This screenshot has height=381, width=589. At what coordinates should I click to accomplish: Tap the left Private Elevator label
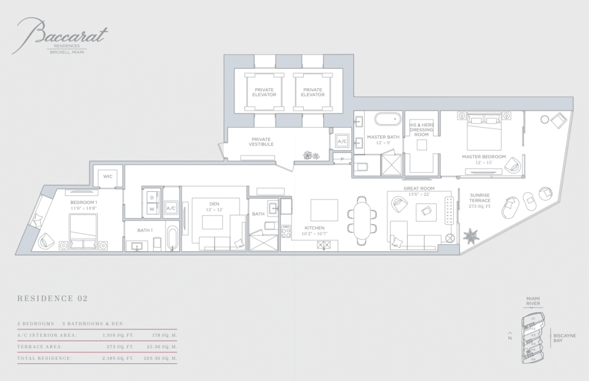click(x=265, y=92)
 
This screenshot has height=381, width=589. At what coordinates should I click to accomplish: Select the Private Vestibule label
click(x=261, y=141)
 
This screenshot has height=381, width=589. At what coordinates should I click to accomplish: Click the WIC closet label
click(x=108, y=176)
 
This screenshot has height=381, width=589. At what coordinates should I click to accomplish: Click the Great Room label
click(x=419, y=191)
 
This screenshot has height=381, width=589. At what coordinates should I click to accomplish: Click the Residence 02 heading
click(x=52, y=299)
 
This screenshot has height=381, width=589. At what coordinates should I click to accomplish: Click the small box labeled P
click(x=342, y=159)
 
